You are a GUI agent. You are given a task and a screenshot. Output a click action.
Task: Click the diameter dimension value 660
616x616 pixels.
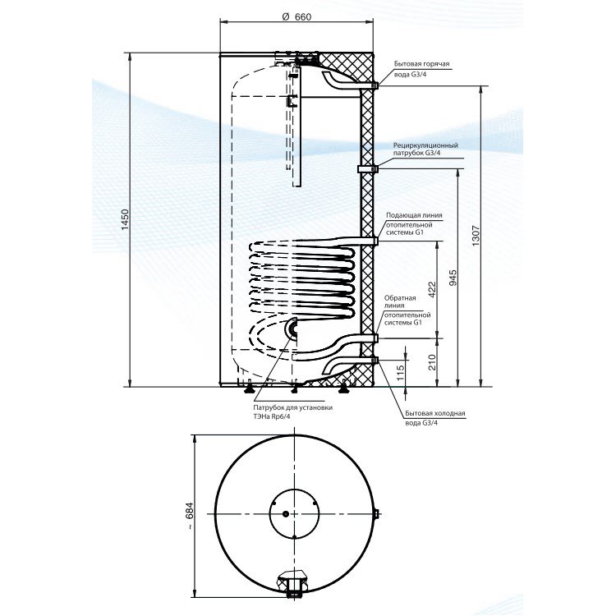(297, 16)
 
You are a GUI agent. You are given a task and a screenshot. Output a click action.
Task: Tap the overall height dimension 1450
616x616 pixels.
(125, 220)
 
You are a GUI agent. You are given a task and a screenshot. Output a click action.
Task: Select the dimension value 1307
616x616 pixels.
(476, 236)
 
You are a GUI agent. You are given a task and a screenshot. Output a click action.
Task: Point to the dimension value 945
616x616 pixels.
(453, 278)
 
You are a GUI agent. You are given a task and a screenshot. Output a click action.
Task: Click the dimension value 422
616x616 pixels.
(432, 290)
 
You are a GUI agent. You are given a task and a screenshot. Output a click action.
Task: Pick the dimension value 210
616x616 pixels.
(432, 362)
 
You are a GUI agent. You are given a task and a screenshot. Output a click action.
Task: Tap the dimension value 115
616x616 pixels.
(400, 373)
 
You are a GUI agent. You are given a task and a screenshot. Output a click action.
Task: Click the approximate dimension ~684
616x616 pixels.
(190, 516)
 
